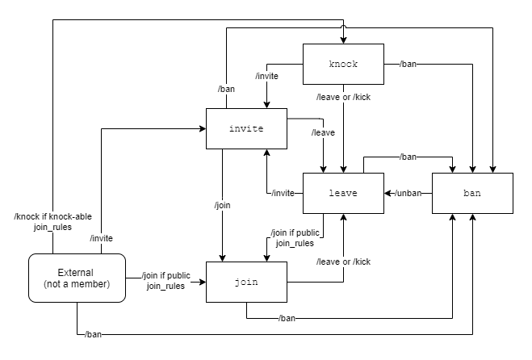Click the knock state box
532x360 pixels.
pyautogui.click(x=343, y=64)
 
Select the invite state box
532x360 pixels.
pyautogui.click(x=246, y=128)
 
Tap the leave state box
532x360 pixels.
pyautogui.click(x=343, y=193)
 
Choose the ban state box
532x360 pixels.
pyautogui.click(x=472, y=193)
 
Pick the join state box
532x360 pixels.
pyautogui.click(x=246, y=282)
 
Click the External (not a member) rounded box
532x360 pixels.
pyautogui.click(x=77, y=278)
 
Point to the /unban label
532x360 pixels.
pyautogui.click(x=409, y=193)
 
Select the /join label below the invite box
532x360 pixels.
pyautogui.click(x=223, y=206)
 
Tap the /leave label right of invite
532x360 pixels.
pyautogui.click(x=324, y=132)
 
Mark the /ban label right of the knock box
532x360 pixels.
pyautogui.click(x=408, y=63)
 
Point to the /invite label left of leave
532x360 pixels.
pyautogui.click(x=283, y=193)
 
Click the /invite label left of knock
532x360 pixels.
pyautogui.click(x=266, y=76)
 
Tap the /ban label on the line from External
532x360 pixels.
pyautogui.click(x=94, y=333)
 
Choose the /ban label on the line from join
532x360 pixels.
pyautogui.click(x=287, y=318)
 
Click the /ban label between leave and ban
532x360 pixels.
pyautogui.click(x=408, y=157)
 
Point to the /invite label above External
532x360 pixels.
pyautogui.click(x=101, y=237)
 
